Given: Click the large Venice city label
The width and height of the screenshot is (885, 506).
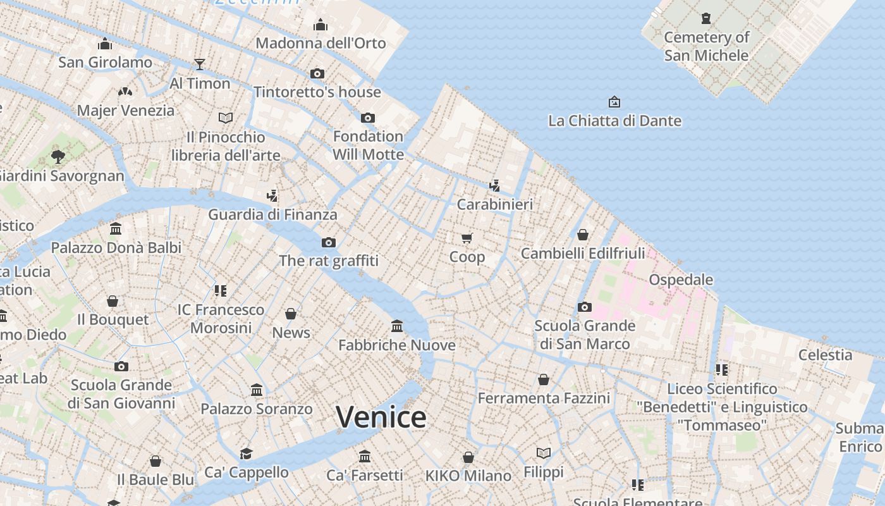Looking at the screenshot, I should [381, 417].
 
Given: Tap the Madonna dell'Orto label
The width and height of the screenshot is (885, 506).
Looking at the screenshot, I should [320, 43].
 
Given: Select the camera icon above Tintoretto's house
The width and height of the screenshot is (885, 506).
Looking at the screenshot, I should [317, 74].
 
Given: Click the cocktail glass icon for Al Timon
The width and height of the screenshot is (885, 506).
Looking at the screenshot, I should [200, 64].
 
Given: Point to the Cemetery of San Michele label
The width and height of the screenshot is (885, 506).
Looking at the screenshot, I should [706, 46].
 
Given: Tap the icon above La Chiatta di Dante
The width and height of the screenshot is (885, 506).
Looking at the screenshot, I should [614, 102].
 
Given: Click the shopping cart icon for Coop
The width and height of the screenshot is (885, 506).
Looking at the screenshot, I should [467, 238].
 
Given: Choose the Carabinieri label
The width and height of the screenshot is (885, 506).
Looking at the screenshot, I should [495, 204].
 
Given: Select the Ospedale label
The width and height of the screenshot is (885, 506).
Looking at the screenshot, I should [681, 280].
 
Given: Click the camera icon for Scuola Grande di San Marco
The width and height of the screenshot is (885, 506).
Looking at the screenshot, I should [585, 307].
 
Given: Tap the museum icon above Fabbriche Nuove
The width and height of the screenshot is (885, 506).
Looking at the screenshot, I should [397, 326].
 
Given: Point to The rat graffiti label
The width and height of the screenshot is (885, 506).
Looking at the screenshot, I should [329, 261].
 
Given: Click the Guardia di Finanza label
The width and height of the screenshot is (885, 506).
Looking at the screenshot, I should [272, 214].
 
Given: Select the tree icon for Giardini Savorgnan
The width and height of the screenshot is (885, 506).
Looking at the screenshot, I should [58, 156].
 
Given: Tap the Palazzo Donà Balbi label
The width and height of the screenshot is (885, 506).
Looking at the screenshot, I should [116, 247].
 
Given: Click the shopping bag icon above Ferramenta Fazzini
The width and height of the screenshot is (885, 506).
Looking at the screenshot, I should [544, 379].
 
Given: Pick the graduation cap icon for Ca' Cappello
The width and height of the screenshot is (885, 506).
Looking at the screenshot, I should [246, 454].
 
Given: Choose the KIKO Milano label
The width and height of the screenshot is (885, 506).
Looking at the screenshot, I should [468, 476].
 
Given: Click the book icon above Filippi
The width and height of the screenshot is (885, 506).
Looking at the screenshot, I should [544, 453].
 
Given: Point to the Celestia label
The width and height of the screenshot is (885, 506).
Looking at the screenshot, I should [825, 355].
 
